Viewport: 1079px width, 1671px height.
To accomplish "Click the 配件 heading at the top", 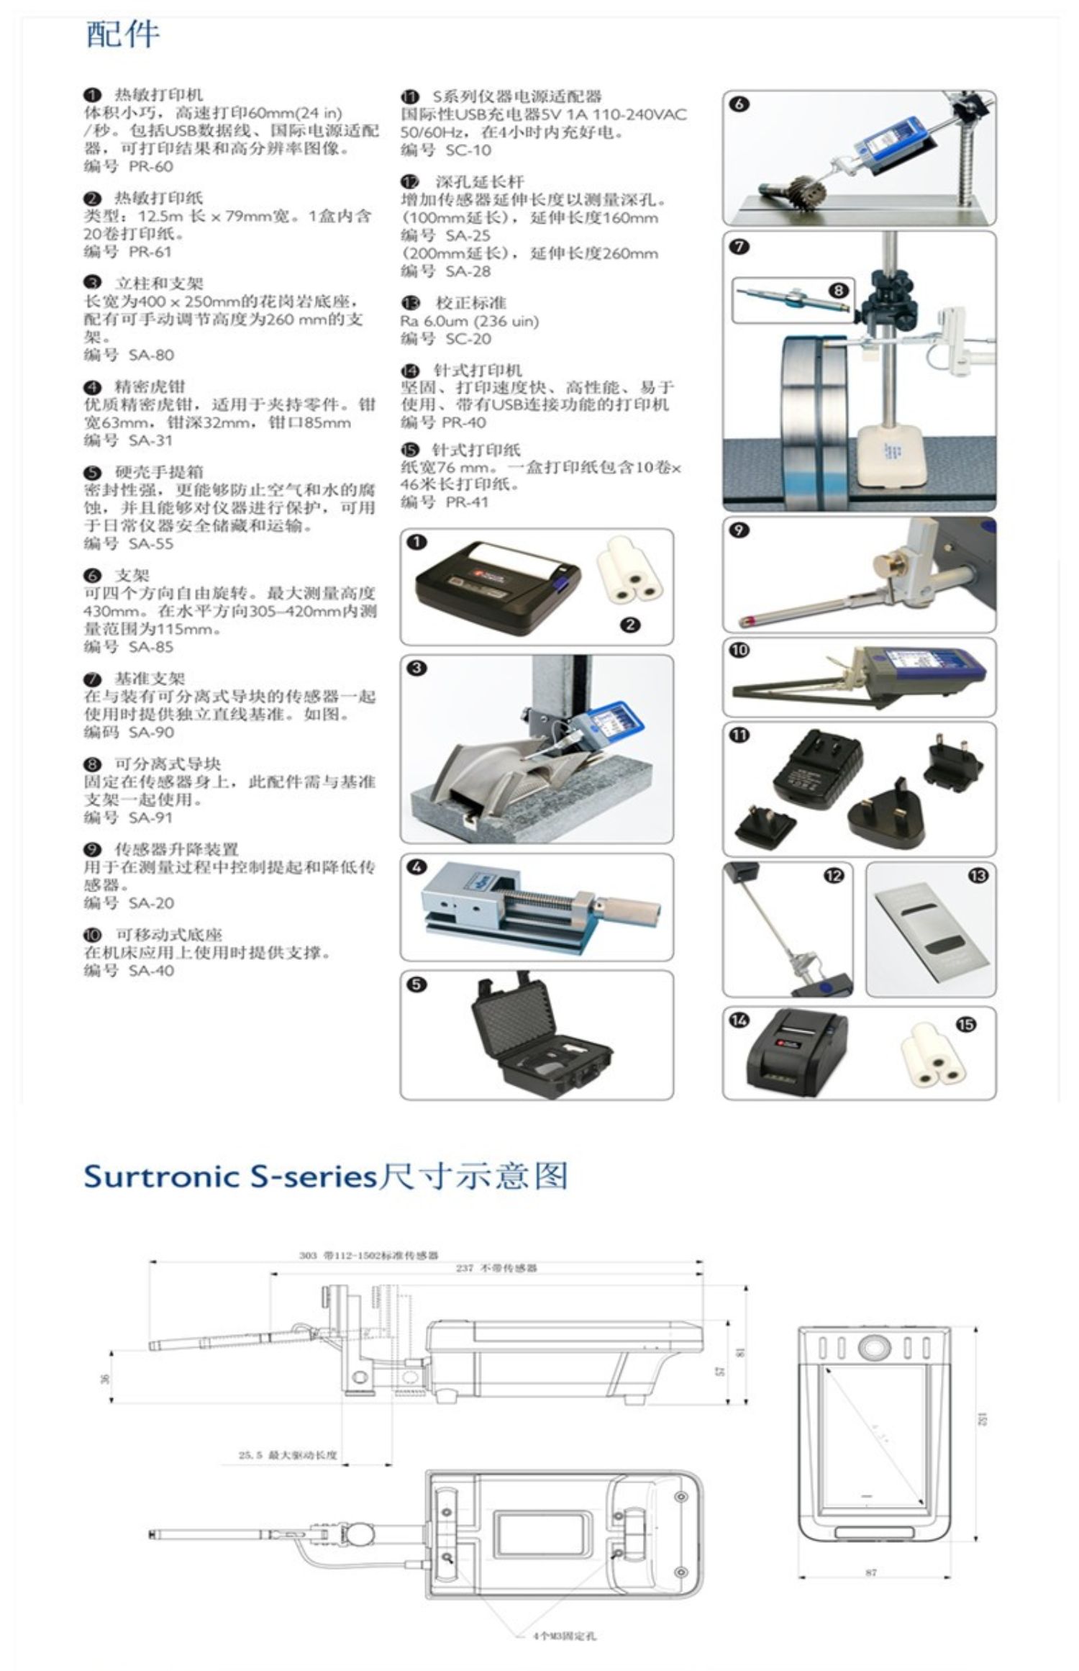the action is [122, 35].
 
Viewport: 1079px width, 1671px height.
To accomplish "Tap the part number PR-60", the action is [150, 166].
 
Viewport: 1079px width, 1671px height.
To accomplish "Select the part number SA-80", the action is [150, 355].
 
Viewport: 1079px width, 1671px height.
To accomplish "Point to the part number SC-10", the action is [468, 150].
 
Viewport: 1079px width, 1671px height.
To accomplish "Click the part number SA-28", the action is [468, 271].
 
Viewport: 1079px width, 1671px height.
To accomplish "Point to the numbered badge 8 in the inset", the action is [838, 290].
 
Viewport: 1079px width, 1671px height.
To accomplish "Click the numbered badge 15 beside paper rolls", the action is [967, 1024].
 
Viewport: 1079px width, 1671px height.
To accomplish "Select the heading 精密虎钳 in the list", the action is [150, 386].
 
